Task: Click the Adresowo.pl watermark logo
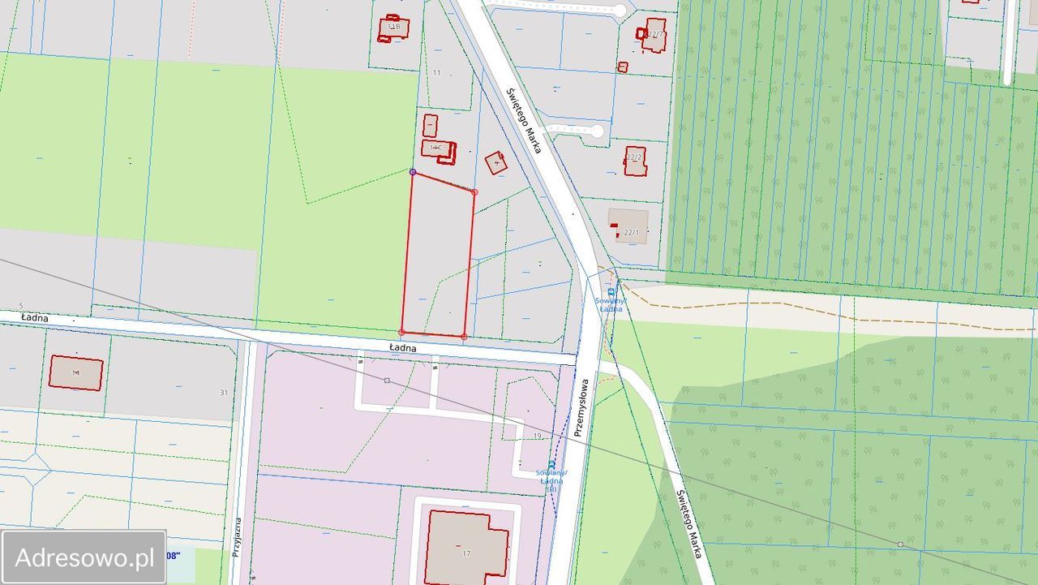tap(84, 557)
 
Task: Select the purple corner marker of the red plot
tap(413, 172)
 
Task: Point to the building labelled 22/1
tap(628, 226)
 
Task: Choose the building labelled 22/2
tap(634, 160)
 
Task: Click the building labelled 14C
tap(438, 150)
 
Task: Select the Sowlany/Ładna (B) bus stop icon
tap(552, 465)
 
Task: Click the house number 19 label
tap(537, 437)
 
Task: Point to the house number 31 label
tap(224, 393)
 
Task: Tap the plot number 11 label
tap(436, 73)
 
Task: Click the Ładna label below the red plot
tap(402, 348)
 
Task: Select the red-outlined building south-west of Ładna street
tap(76, 372)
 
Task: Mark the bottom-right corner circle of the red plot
tap(464, 336)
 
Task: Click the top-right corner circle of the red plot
tap(474, 192)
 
